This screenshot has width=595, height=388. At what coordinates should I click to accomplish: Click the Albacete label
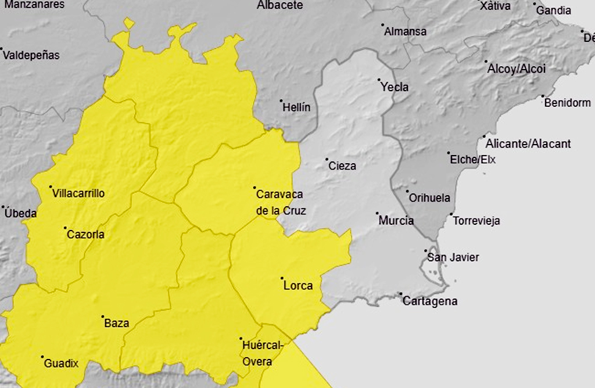coord(280,5)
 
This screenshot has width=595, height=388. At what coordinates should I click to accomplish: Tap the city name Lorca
coord(298,285)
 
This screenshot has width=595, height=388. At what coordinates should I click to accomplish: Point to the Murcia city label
coord(396,221)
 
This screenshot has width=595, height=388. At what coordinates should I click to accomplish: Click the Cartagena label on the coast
coord(430,301)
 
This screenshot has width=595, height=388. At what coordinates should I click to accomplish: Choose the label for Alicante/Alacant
coord(528,143)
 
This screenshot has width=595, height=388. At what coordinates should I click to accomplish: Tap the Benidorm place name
coord(568,103)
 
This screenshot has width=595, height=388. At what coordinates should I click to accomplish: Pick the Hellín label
coord(296,107)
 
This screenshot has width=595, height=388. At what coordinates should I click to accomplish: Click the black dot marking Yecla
coord(379,80)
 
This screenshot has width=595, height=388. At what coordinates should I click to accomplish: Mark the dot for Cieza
coord(327,159)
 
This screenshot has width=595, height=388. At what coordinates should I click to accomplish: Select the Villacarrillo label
coord(78,193)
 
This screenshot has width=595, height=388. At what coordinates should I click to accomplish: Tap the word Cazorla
coord(86,235)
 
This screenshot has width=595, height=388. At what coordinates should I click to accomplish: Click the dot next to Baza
coord(103,317)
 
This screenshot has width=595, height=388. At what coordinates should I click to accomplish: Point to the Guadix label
coord(61,364)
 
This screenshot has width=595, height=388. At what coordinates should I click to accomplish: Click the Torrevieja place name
coord(476,221)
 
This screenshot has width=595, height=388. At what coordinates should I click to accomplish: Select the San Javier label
coord(453,257)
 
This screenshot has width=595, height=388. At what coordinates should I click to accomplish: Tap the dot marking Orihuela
coord(407,191)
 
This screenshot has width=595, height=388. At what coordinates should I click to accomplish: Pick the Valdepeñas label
coord(31,56)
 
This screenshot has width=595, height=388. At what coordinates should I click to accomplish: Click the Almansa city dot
coord(382,25)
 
